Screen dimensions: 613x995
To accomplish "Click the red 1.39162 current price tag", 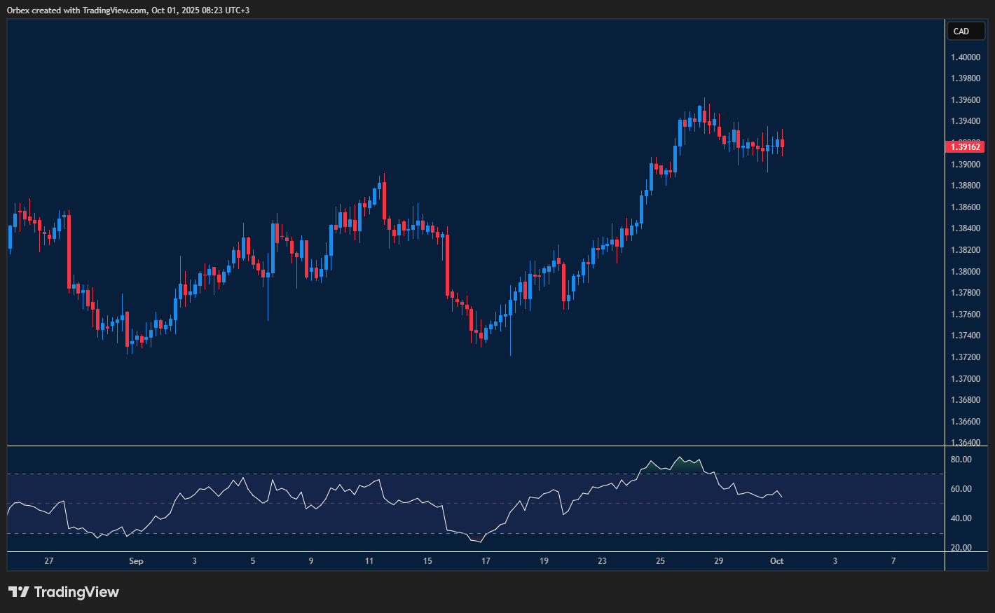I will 965,146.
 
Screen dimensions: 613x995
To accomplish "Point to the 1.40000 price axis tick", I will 965,57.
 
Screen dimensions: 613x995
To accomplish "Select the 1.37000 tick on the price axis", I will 965,379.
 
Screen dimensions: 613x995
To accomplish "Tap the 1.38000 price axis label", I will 965,272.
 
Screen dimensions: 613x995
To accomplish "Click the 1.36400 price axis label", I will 965,443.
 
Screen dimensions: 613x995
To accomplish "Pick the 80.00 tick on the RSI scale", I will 961,460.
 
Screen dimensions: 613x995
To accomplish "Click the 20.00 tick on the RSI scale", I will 961,548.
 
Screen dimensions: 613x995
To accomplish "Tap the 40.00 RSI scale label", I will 961,518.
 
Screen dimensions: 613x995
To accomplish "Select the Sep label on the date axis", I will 136,561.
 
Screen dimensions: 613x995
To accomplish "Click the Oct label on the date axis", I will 776,561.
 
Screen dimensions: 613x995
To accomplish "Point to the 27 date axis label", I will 48,561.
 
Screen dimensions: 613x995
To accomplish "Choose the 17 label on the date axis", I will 486,561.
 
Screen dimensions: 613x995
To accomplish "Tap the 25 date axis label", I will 660,561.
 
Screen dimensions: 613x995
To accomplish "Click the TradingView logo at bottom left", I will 64,592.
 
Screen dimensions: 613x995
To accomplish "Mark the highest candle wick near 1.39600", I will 704,99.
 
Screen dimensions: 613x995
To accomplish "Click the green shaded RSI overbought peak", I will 679,462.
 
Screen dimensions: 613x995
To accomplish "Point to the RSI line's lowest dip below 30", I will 479,541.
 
